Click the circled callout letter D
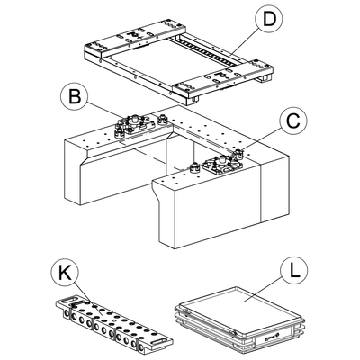pos(268,19)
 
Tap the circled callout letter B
pos(75,96)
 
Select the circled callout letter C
pos(293,121)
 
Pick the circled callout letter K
pos(65,274)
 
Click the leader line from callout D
pos(244,43)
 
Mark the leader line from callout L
pos(262,290)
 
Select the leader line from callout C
pos(260,140)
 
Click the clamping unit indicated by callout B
pos(134,124)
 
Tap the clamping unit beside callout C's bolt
pos(223,165)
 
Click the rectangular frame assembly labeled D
pos(179,62)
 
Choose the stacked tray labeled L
pos(239,320)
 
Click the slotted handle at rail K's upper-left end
pos(70,300)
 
